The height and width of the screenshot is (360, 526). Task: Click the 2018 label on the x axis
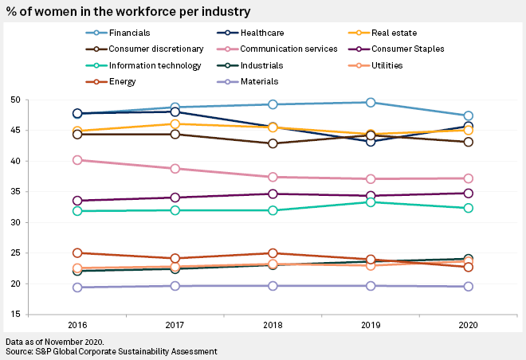273,327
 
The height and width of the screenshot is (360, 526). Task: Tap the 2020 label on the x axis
468,327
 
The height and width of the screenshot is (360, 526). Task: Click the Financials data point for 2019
371,102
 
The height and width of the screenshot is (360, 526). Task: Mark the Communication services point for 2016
77,160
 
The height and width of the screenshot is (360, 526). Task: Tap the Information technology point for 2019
371,202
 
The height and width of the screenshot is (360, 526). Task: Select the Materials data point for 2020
468,287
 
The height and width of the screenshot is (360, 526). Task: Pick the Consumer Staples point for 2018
273,194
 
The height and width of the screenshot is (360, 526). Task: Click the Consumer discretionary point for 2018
273,143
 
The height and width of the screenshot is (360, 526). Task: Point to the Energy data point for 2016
77,253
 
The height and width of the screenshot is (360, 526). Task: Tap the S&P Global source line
111,350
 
